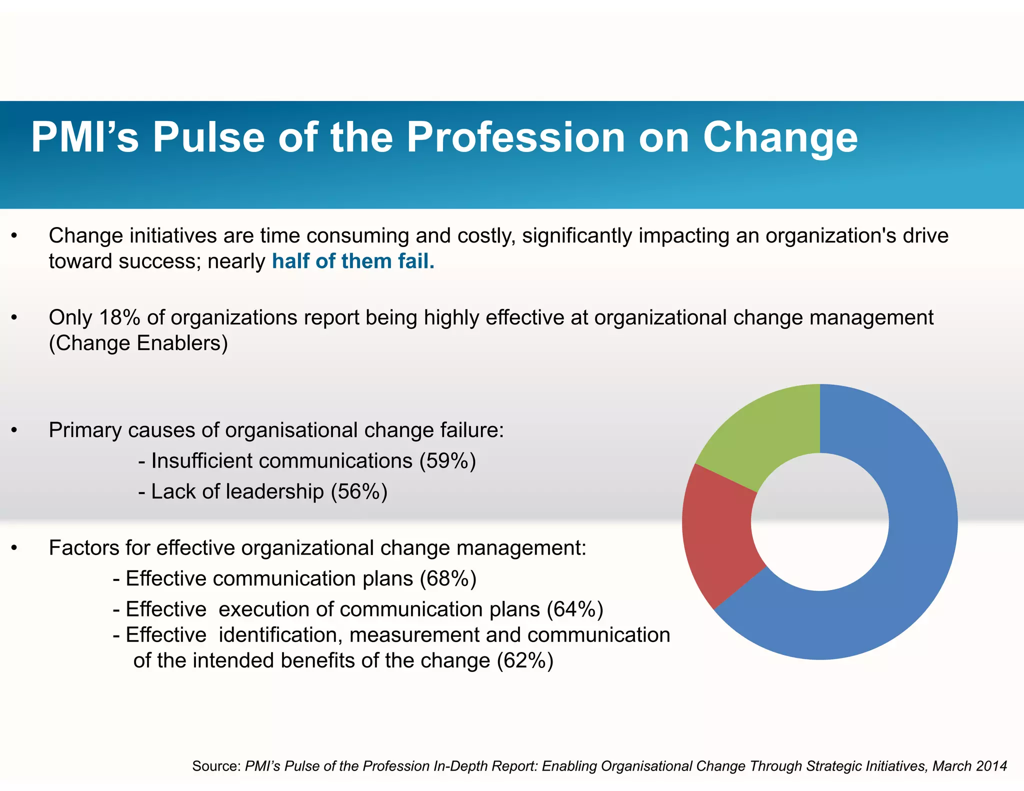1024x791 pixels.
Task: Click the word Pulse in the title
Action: (208, 137)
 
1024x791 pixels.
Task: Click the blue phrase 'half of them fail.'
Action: (353, 261)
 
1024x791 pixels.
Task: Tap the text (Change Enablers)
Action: (138, 343)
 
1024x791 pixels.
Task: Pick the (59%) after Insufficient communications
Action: (447, 461)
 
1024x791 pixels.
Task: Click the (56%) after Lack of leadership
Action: (359, 491)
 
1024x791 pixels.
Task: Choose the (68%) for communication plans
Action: (448, 578)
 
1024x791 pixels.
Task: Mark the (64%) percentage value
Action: (575, 609)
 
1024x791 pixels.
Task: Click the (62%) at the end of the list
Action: (525, 660)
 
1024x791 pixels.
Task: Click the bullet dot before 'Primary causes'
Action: (14, 431)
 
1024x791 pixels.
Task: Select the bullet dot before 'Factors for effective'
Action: (14, 548)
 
